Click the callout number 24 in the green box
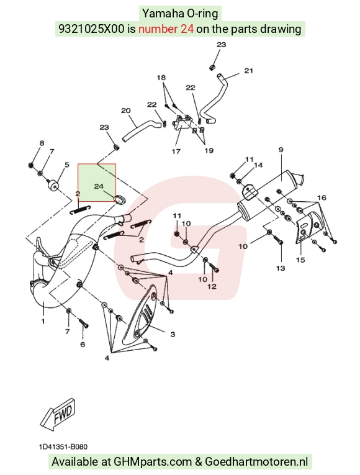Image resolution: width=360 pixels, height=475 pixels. point(99,186)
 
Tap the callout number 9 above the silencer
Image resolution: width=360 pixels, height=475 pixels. point(281,150)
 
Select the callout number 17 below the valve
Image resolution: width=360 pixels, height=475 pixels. point(176,151)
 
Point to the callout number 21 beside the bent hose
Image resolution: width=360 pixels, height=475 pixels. point(248,71)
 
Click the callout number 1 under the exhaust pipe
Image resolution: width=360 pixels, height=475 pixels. point(43,321)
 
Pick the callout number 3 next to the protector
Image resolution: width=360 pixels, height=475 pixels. point(173,334)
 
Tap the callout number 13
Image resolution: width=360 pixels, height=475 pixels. point(281,268)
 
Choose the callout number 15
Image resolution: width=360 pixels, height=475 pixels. point(300,260)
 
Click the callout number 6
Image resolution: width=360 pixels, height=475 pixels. point(83,344)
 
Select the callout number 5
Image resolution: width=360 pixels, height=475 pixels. point(66,165)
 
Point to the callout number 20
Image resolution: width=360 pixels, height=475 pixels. point(125,111)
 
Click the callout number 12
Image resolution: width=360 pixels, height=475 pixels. point(212,286)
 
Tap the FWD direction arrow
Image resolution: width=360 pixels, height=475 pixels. point(58,414)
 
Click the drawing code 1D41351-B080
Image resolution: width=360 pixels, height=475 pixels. point(63,447)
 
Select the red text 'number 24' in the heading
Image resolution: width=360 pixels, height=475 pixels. point(166,29)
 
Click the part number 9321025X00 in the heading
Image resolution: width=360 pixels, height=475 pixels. point(91,29)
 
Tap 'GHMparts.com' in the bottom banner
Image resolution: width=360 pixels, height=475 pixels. point(153,462)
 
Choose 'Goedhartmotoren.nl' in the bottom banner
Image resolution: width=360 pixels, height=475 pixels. point(256,462)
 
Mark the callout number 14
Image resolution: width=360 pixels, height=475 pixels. point(258,165)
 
